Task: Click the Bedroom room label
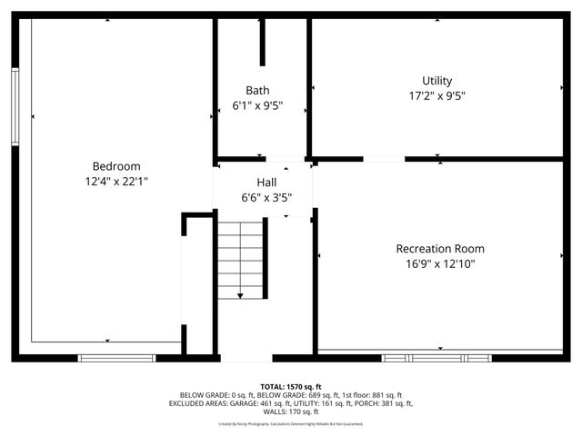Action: pos(116,166)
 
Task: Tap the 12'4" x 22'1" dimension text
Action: pos(116,182)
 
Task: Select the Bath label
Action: pos(257,90)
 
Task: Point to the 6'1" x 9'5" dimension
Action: pos(257,105)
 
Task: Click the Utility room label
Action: pos(436,81)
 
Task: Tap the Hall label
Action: pos(266,183)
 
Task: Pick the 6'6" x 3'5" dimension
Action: pos(266,197)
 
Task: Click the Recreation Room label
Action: pos(440,248)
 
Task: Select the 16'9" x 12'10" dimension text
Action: pos(440,264)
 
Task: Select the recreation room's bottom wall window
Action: pos(436,358)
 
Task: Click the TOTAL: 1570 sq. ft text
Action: pos(291,387)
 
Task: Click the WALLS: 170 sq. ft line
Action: pos(291,411)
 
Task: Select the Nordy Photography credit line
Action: pos(291,424)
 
